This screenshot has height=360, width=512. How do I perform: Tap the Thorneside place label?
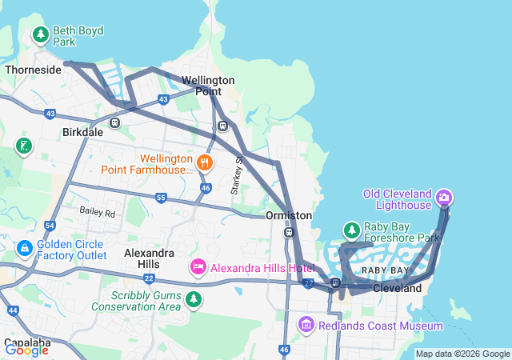(x=34, y=70)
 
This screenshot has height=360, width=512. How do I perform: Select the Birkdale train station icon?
(x=115, y=123)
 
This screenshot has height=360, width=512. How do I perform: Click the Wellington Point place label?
(x=208, y=86)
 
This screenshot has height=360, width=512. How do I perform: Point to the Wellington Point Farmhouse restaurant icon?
(x=206, y=163)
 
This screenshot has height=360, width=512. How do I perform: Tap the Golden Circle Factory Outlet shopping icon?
(x=24, y=250)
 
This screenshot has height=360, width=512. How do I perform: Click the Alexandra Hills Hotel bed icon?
(x=198, y=266)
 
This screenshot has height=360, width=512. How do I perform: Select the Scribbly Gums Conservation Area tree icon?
(x=193, y=299)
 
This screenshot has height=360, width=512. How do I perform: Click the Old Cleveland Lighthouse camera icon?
(x=445, y=197)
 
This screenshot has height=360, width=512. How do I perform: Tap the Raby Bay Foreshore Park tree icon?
(x=351, y=231)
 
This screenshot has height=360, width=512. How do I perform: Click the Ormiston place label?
(x=289, y=216)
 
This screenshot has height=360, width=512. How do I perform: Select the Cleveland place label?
(x=397, y=288)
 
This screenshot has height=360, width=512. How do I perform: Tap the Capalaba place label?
(x=26, y=343)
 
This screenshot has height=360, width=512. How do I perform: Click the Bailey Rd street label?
(x=98, y=213)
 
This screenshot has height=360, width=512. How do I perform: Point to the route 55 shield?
(x=161, y=198)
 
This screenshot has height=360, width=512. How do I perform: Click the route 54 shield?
(x=50, y=226)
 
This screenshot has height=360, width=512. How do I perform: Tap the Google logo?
(x=27, y=350)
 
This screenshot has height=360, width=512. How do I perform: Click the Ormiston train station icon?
(x=288, y=233)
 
